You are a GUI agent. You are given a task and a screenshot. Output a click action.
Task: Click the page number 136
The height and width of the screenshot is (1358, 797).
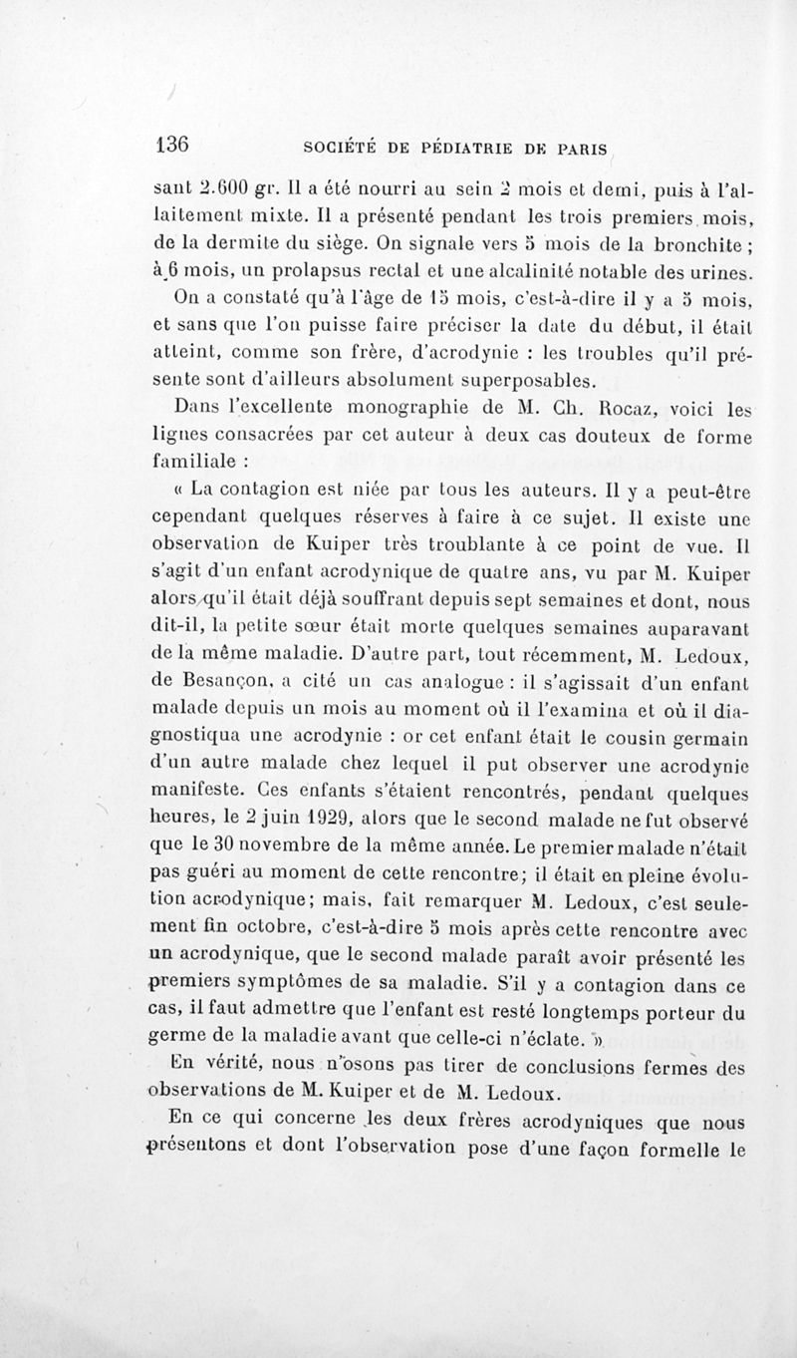point(172,143)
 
